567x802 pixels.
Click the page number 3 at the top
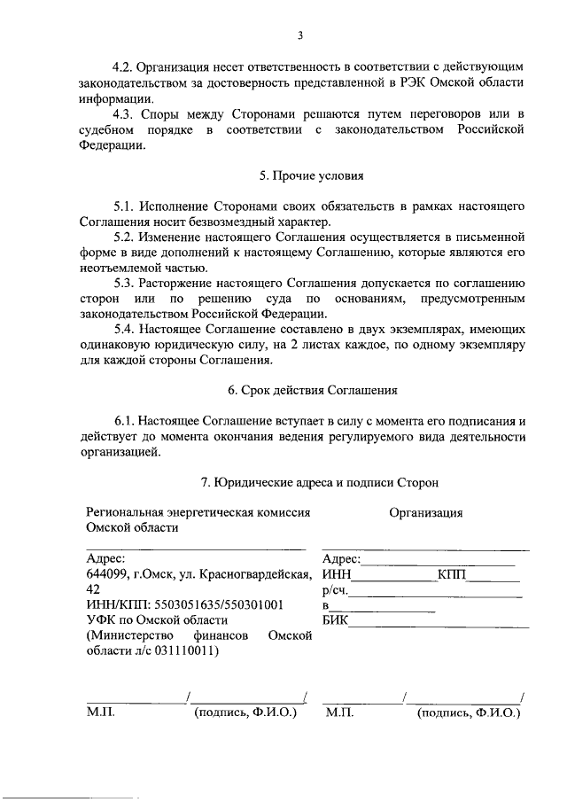[x=300, y=36]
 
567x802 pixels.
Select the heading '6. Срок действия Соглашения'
[x=300, y=390]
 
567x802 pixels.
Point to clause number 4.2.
[x=128, y=67]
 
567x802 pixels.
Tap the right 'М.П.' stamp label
[x=339, y=712]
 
